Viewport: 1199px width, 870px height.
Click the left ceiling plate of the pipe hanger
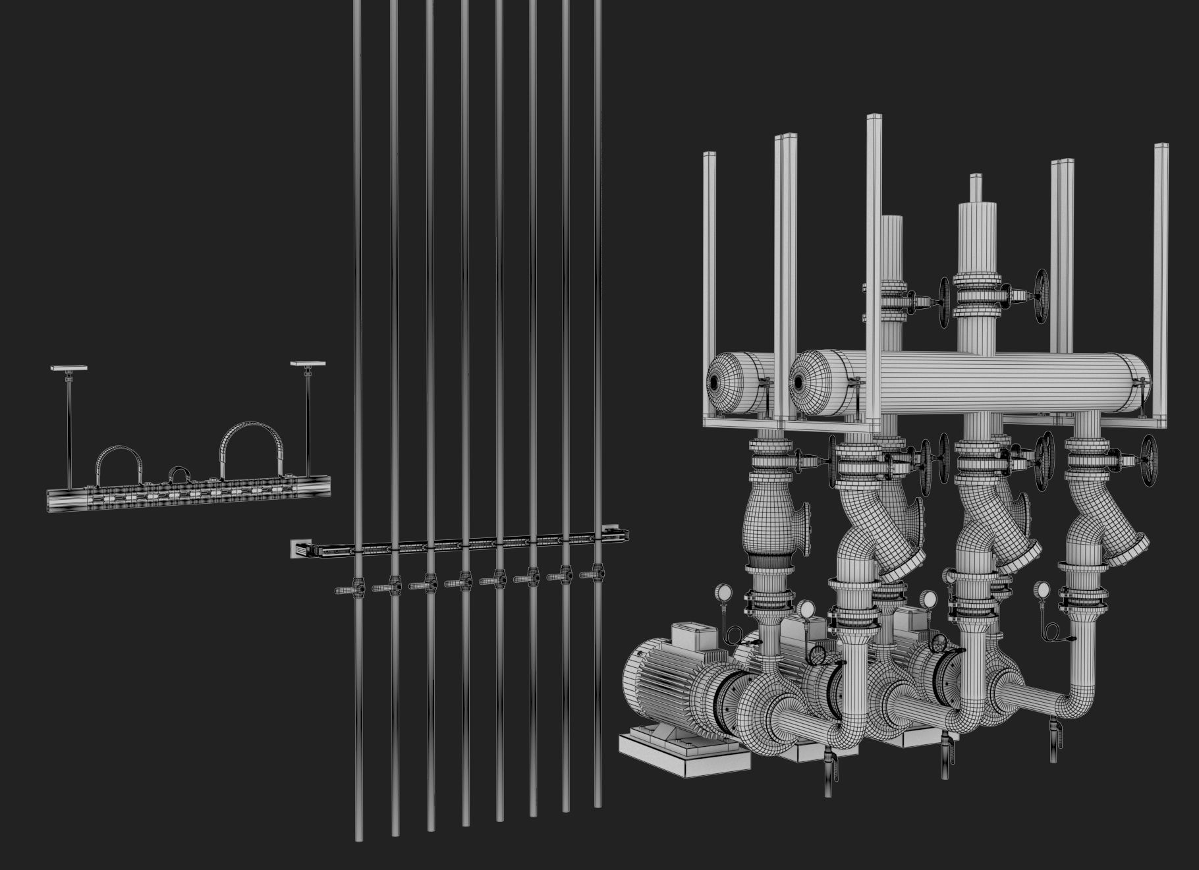coord(69,368)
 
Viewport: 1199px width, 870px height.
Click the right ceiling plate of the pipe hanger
coord(308,364)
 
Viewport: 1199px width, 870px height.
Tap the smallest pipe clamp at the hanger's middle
coord(179,473)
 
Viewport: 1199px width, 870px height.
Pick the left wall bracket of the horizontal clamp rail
coord(299,548)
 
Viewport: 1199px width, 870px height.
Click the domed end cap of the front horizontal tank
coord(812,383)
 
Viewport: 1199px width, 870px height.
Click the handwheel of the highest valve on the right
coord(1040,296)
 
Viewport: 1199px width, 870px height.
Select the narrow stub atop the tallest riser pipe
coord(976,188)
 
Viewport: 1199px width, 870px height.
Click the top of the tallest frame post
coord(874,119)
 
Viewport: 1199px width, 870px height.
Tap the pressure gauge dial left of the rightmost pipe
coord(1041,589)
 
